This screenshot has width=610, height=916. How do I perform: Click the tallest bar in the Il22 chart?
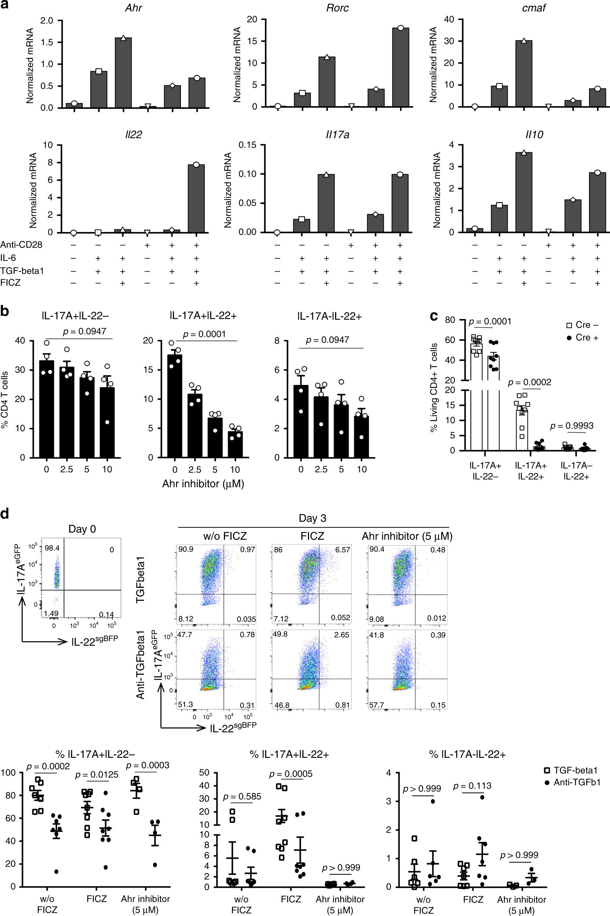click(196, 199)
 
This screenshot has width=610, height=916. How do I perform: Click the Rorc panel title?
click(337, 8)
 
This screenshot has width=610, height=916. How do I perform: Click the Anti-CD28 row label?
click(21, 245)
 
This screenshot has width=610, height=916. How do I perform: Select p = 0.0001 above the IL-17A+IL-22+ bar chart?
click(204, 334)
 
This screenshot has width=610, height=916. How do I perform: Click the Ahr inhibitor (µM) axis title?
click(203, 484)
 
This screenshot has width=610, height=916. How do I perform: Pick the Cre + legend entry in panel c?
click(582, 338)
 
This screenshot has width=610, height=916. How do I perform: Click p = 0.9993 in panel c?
click(571, 426)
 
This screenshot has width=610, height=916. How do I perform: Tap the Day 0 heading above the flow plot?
click(82, 529)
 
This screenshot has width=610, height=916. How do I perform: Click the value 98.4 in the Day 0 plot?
click(52, 548)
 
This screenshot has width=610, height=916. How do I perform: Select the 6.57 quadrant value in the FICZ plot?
click(342, 550)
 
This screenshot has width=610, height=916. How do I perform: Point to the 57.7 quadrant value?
click(376, 705)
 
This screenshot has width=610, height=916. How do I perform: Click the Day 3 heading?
click(312, 518)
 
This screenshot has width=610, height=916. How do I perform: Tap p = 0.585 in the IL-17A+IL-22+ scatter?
click(242, 797)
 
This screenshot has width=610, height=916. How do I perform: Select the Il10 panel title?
click(534, 135)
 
